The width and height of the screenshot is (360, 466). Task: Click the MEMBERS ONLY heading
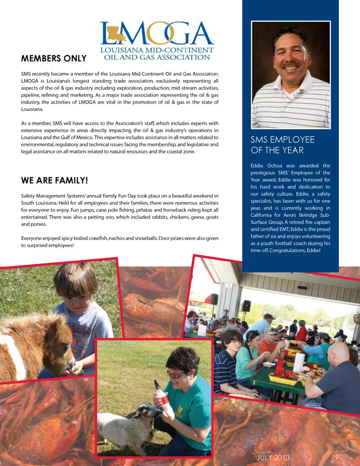(54, 59)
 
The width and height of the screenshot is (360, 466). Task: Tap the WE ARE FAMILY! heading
(54, 180)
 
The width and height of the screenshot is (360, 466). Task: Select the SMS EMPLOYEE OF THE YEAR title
(282, 145)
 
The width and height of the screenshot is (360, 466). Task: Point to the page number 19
(335, 458)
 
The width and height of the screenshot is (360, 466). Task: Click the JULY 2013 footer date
(273, 458)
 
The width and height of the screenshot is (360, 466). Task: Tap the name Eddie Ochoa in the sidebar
(266, 166)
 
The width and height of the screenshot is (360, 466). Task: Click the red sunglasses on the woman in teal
(175, 374)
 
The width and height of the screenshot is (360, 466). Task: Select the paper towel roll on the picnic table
(298, 362)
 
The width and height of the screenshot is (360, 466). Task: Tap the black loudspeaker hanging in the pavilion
(246, 306)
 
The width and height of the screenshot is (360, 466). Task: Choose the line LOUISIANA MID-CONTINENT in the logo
(157, 50)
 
